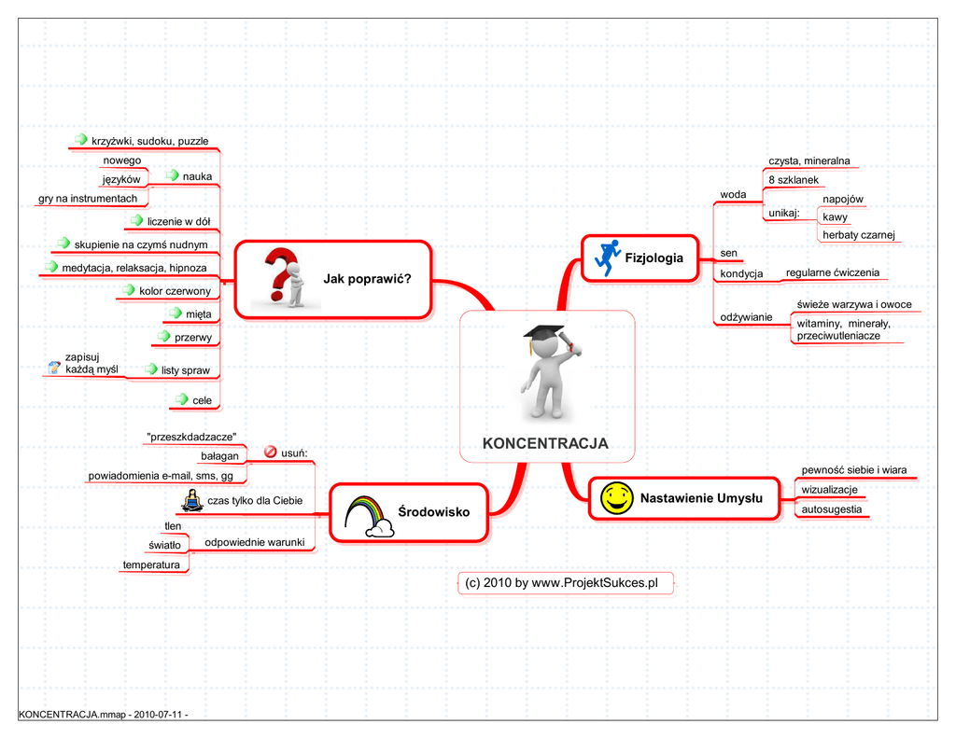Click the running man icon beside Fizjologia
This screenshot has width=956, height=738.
[607, 258]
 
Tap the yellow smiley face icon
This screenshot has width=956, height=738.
[613, 498]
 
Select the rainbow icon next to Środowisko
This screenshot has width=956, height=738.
[370, 515]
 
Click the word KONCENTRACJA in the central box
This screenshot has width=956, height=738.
[545, 444]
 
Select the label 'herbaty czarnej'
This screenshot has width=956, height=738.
[858, 235]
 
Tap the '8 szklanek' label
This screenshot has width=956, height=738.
[793, 179]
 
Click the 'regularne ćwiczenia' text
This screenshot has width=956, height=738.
[832, 272]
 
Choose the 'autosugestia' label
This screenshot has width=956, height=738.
[831, 509]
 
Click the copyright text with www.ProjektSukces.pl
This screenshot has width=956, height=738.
[562, 583]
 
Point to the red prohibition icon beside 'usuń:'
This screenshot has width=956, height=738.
[271, 453]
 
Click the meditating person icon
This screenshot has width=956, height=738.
[192, 501]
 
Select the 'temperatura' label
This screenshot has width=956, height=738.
[151, 564]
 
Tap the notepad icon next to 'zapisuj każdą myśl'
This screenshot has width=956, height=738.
[54, 369]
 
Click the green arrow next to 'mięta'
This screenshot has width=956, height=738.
[177, 313]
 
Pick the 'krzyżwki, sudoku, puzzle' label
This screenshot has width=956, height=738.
[149, 142]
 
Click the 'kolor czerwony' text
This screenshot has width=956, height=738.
[175, 291]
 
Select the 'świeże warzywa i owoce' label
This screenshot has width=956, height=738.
[853, 304]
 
